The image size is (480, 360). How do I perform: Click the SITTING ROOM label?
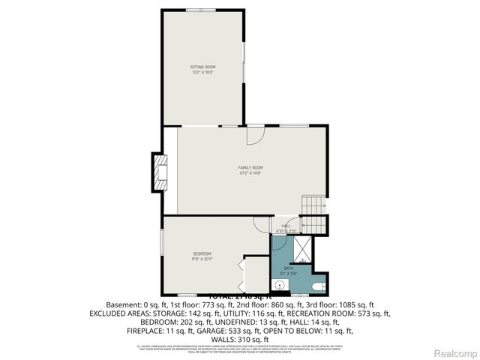[202, 67]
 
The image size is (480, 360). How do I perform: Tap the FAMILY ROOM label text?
[250, 167]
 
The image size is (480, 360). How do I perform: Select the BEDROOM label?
[202, 253]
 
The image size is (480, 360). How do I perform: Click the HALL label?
[286, 226]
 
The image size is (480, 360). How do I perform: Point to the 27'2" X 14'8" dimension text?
[250, 173]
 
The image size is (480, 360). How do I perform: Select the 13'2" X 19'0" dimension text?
[202, 73]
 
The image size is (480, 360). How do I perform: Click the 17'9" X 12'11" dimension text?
[202, 259]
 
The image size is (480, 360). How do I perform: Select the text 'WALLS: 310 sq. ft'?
[239, 339]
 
